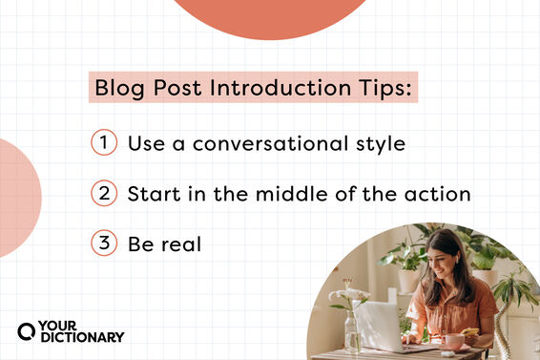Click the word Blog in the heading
point(115,89)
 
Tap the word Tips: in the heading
point(384,89)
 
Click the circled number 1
point(103,143)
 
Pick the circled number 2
point(103,194)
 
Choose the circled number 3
point(103,244)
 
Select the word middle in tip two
point(283,194)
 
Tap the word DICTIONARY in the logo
point(81,336)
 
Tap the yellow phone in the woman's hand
point(473,332)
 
